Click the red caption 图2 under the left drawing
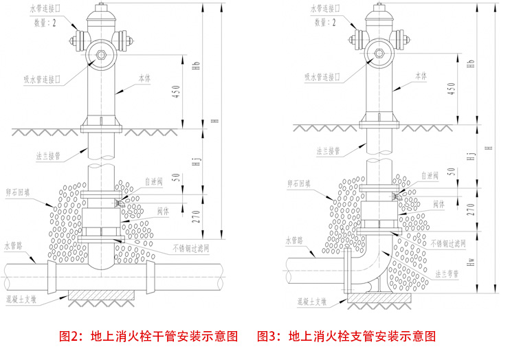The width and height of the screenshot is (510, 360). point(71,337)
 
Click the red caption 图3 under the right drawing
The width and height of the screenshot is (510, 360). point(269,337)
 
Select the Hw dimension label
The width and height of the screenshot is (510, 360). point(471,262)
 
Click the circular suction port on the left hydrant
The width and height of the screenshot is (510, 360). point(102,55)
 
